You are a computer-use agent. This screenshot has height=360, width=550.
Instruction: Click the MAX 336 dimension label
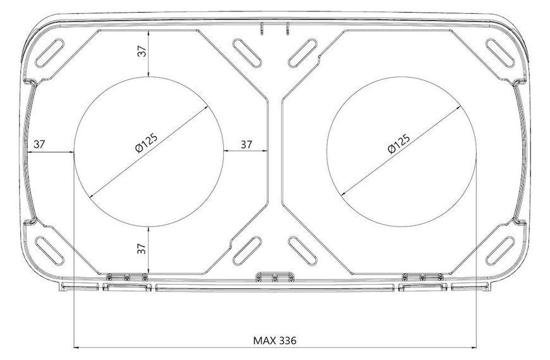tap(274, 340)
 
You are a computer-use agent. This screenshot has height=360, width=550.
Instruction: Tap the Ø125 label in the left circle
tap(147, 143)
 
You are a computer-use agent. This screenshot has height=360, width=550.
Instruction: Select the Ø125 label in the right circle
tap(399, 144)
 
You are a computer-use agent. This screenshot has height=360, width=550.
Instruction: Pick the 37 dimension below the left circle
tap(142, 249)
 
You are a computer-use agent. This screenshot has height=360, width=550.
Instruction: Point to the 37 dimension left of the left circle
tap(39, 144)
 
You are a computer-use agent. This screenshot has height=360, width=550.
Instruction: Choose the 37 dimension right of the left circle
tap(247, 144)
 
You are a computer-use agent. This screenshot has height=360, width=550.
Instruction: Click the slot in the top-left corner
tap(49, 53)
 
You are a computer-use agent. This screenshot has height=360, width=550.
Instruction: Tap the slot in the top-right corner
tap(500, 53)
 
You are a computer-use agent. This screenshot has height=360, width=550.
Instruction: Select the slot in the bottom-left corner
tap(49, 251)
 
